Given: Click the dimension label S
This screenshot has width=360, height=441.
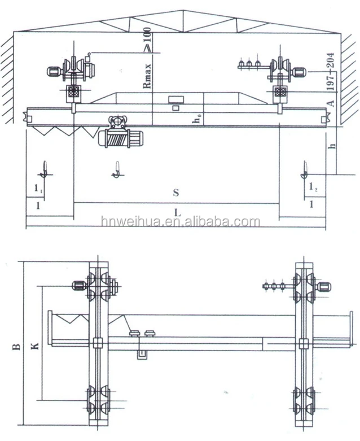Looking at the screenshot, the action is (x=176, y=193).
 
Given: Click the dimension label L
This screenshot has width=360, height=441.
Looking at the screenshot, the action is (x=177, y=213).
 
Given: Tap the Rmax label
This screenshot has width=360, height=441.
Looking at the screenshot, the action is (x=147, y=76).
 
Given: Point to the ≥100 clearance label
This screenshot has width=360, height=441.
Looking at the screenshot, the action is (x=147, y=40).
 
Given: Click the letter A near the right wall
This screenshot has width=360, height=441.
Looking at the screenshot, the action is (x=331, y=103).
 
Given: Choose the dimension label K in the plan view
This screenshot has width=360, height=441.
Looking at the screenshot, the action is (x=34, y=346).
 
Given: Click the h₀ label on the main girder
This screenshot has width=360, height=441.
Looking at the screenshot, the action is (x=197, y=119).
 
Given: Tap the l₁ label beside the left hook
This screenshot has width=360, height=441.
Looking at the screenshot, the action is (x=38, y=188).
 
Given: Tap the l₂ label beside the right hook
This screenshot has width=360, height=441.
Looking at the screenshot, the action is (x=313, y=186).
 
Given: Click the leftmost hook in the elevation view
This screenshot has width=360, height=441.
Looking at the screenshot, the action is (x=45, y=169).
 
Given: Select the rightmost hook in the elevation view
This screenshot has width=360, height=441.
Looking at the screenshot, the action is (x=304, y=170).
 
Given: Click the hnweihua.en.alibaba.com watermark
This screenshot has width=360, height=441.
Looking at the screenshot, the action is (x=181, y=222).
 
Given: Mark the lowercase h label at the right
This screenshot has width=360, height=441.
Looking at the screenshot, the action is (x=332, y=146).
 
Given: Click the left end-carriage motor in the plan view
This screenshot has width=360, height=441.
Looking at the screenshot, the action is (x=79, y=286).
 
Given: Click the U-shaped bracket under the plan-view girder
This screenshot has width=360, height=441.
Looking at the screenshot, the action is (x=143, y=355).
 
